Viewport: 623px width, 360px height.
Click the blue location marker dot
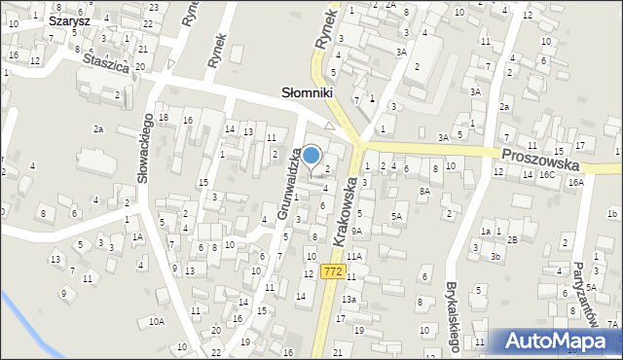point(311,155)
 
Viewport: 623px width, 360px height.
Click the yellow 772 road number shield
point(333,271)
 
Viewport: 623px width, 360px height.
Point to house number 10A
point(157,321)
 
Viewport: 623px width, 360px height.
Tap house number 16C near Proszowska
point(546,175)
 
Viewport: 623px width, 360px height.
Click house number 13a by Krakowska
point(348,299)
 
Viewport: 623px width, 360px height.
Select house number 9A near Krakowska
point(356,231)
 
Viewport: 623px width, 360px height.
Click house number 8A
point(424,192)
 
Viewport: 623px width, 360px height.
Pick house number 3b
point(495,257)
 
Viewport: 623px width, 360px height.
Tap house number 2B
point(512,238)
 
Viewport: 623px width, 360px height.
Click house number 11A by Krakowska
point(354,256)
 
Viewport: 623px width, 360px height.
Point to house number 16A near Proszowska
point(575,182)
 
